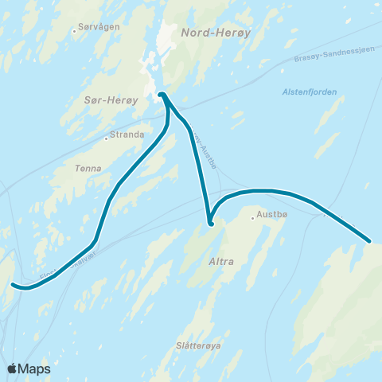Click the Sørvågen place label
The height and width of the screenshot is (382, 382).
click(x=99, y=27)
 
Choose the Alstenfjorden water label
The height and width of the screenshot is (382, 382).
click(x=310, y=92)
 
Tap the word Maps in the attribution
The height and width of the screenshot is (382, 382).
click(x=36, y=368)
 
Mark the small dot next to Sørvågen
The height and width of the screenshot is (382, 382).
click(x=74, y=31)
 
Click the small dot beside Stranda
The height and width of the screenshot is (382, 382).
click(x=106, y=138)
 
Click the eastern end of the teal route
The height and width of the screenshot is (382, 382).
click(x=369, y=240)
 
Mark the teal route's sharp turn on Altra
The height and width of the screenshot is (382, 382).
click(x=210, y=224)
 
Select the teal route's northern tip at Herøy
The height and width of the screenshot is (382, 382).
click(x=162, y=95)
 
